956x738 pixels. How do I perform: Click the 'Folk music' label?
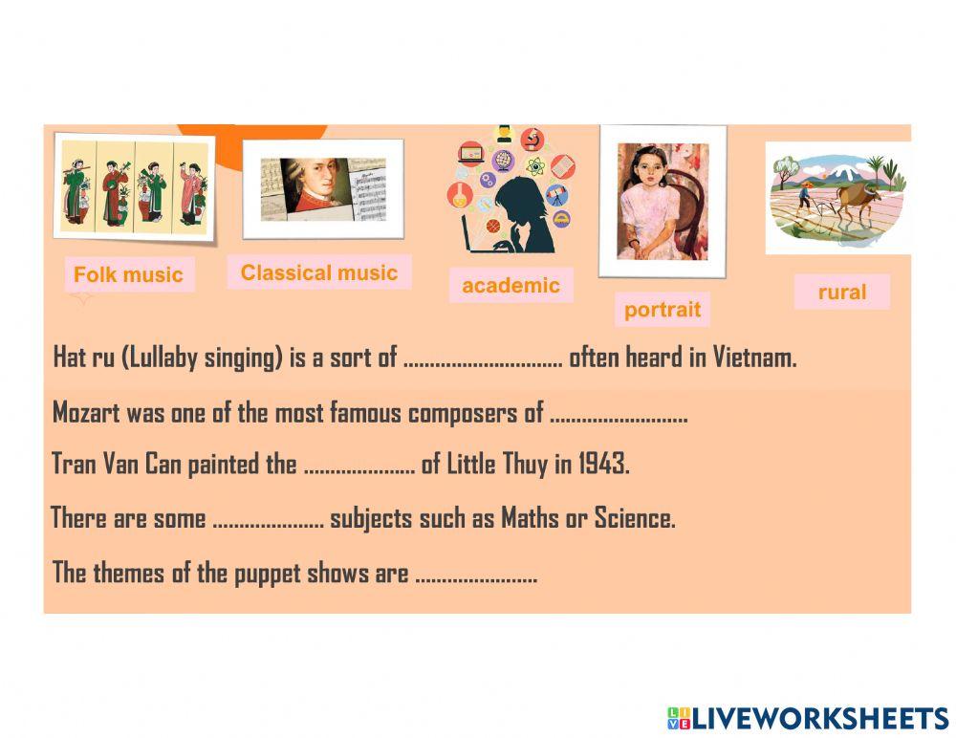pos(128,275)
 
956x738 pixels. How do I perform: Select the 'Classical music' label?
pos(318,272)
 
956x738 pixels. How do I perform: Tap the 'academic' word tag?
pos(511,285)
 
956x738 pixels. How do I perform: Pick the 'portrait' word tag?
pos(663,310)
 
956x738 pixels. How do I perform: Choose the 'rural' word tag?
pos(841,293)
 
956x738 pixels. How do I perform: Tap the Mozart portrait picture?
pos(322,188)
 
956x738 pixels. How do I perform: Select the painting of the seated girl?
pos(662,201)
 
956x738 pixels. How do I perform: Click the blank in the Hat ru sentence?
pos(483,359)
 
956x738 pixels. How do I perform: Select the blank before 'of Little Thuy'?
pos(358,466)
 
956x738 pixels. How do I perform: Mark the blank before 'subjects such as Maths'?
pos(268,520)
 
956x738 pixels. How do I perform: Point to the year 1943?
pos(603,465)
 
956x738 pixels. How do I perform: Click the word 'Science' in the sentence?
pos(634,519)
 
